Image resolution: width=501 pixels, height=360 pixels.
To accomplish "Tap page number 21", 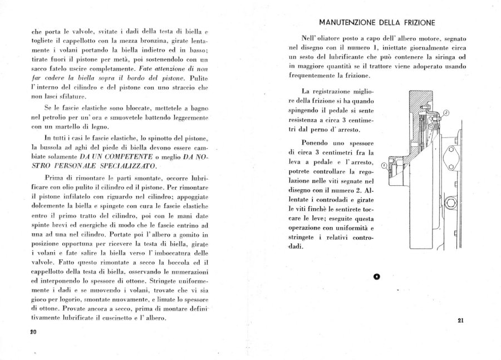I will (460, 320).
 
